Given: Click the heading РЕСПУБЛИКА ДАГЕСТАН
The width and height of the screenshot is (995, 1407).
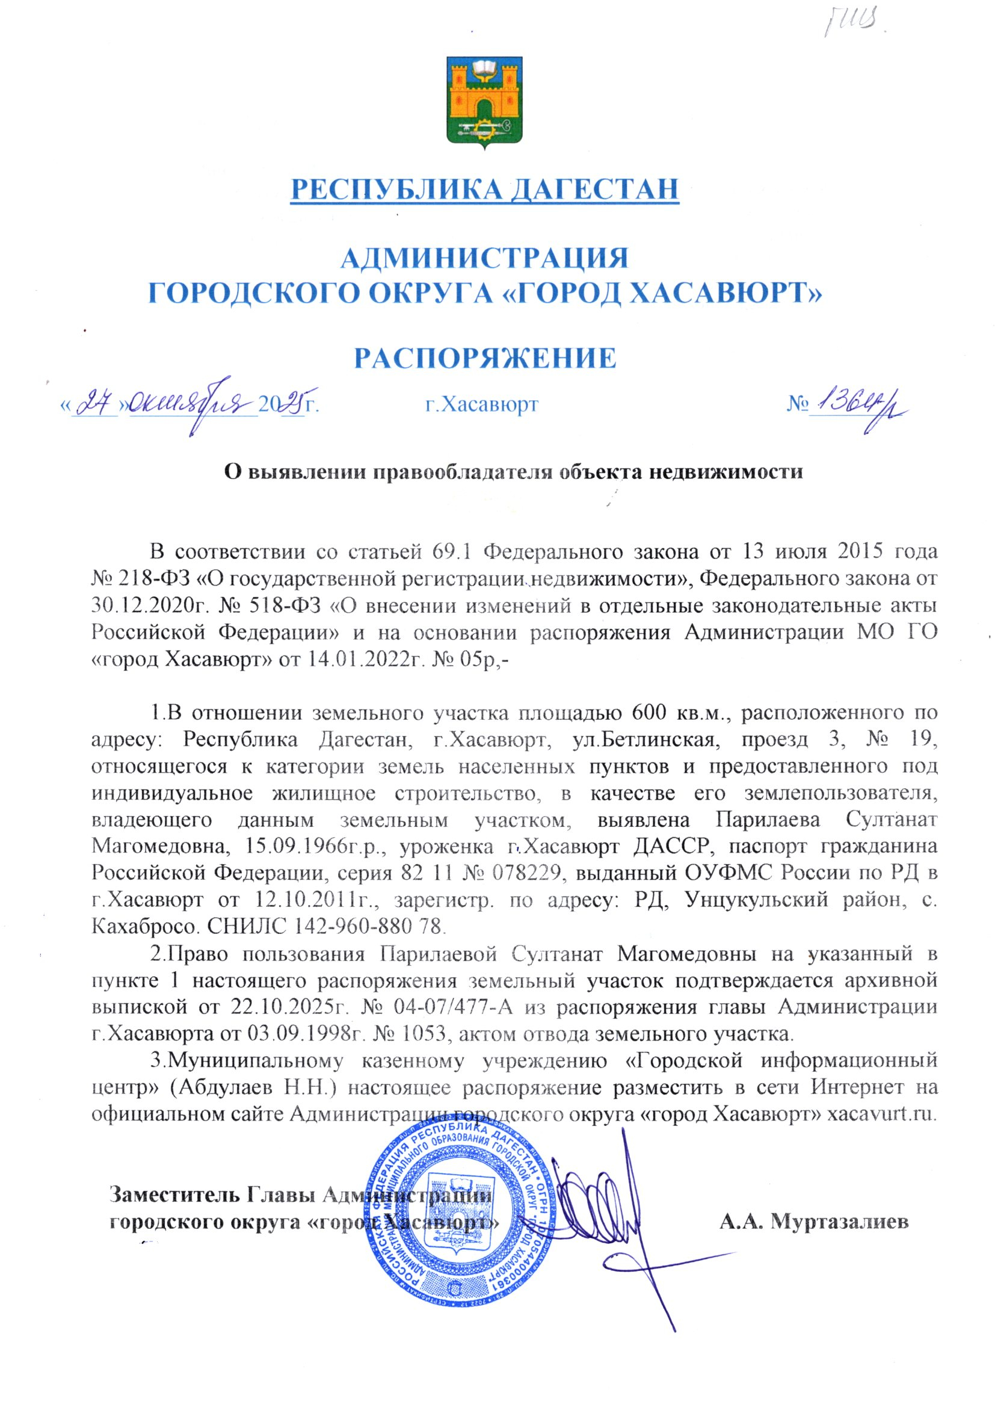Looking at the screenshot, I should coord(485,190).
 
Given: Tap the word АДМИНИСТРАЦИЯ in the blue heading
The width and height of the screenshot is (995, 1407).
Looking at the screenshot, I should coord(484,258).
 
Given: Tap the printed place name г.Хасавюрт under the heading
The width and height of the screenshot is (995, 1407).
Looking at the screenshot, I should coord(482,404).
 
